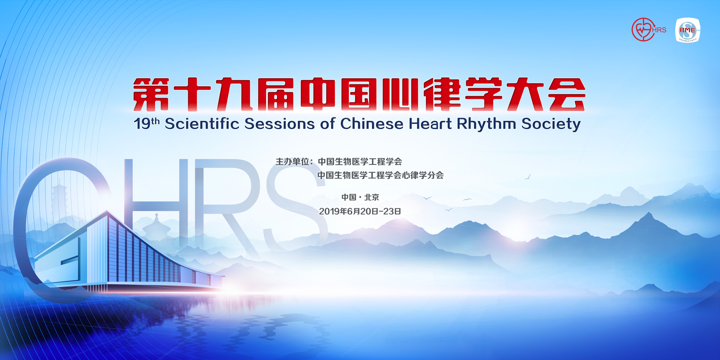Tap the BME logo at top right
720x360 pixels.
688,30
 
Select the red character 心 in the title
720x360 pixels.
400,94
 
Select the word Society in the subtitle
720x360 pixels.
551,124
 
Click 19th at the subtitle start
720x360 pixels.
146,123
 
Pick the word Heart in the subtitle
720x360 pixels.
430,124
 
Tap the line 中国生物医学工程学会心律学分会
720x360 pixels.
380,175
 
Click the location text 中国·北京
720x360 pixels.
360,197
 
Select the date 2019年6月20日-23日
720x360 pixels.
360,211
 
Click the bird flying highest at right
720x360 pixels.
528,177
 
